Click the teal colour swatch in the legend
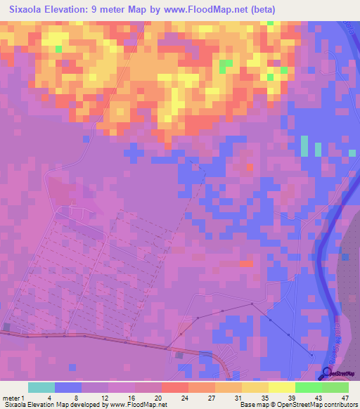pyautogui.click(x=41, y=387)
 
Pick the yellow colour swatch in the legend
pyautogui.click(x=281, y=387)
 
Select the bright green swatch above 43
pyautogui.click(x=308, y=387)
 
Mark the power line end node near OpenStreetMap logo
pyautogui.click(x=311, y=356)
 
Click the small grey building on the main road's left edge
pyautogui.click(x=6, y=327)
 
